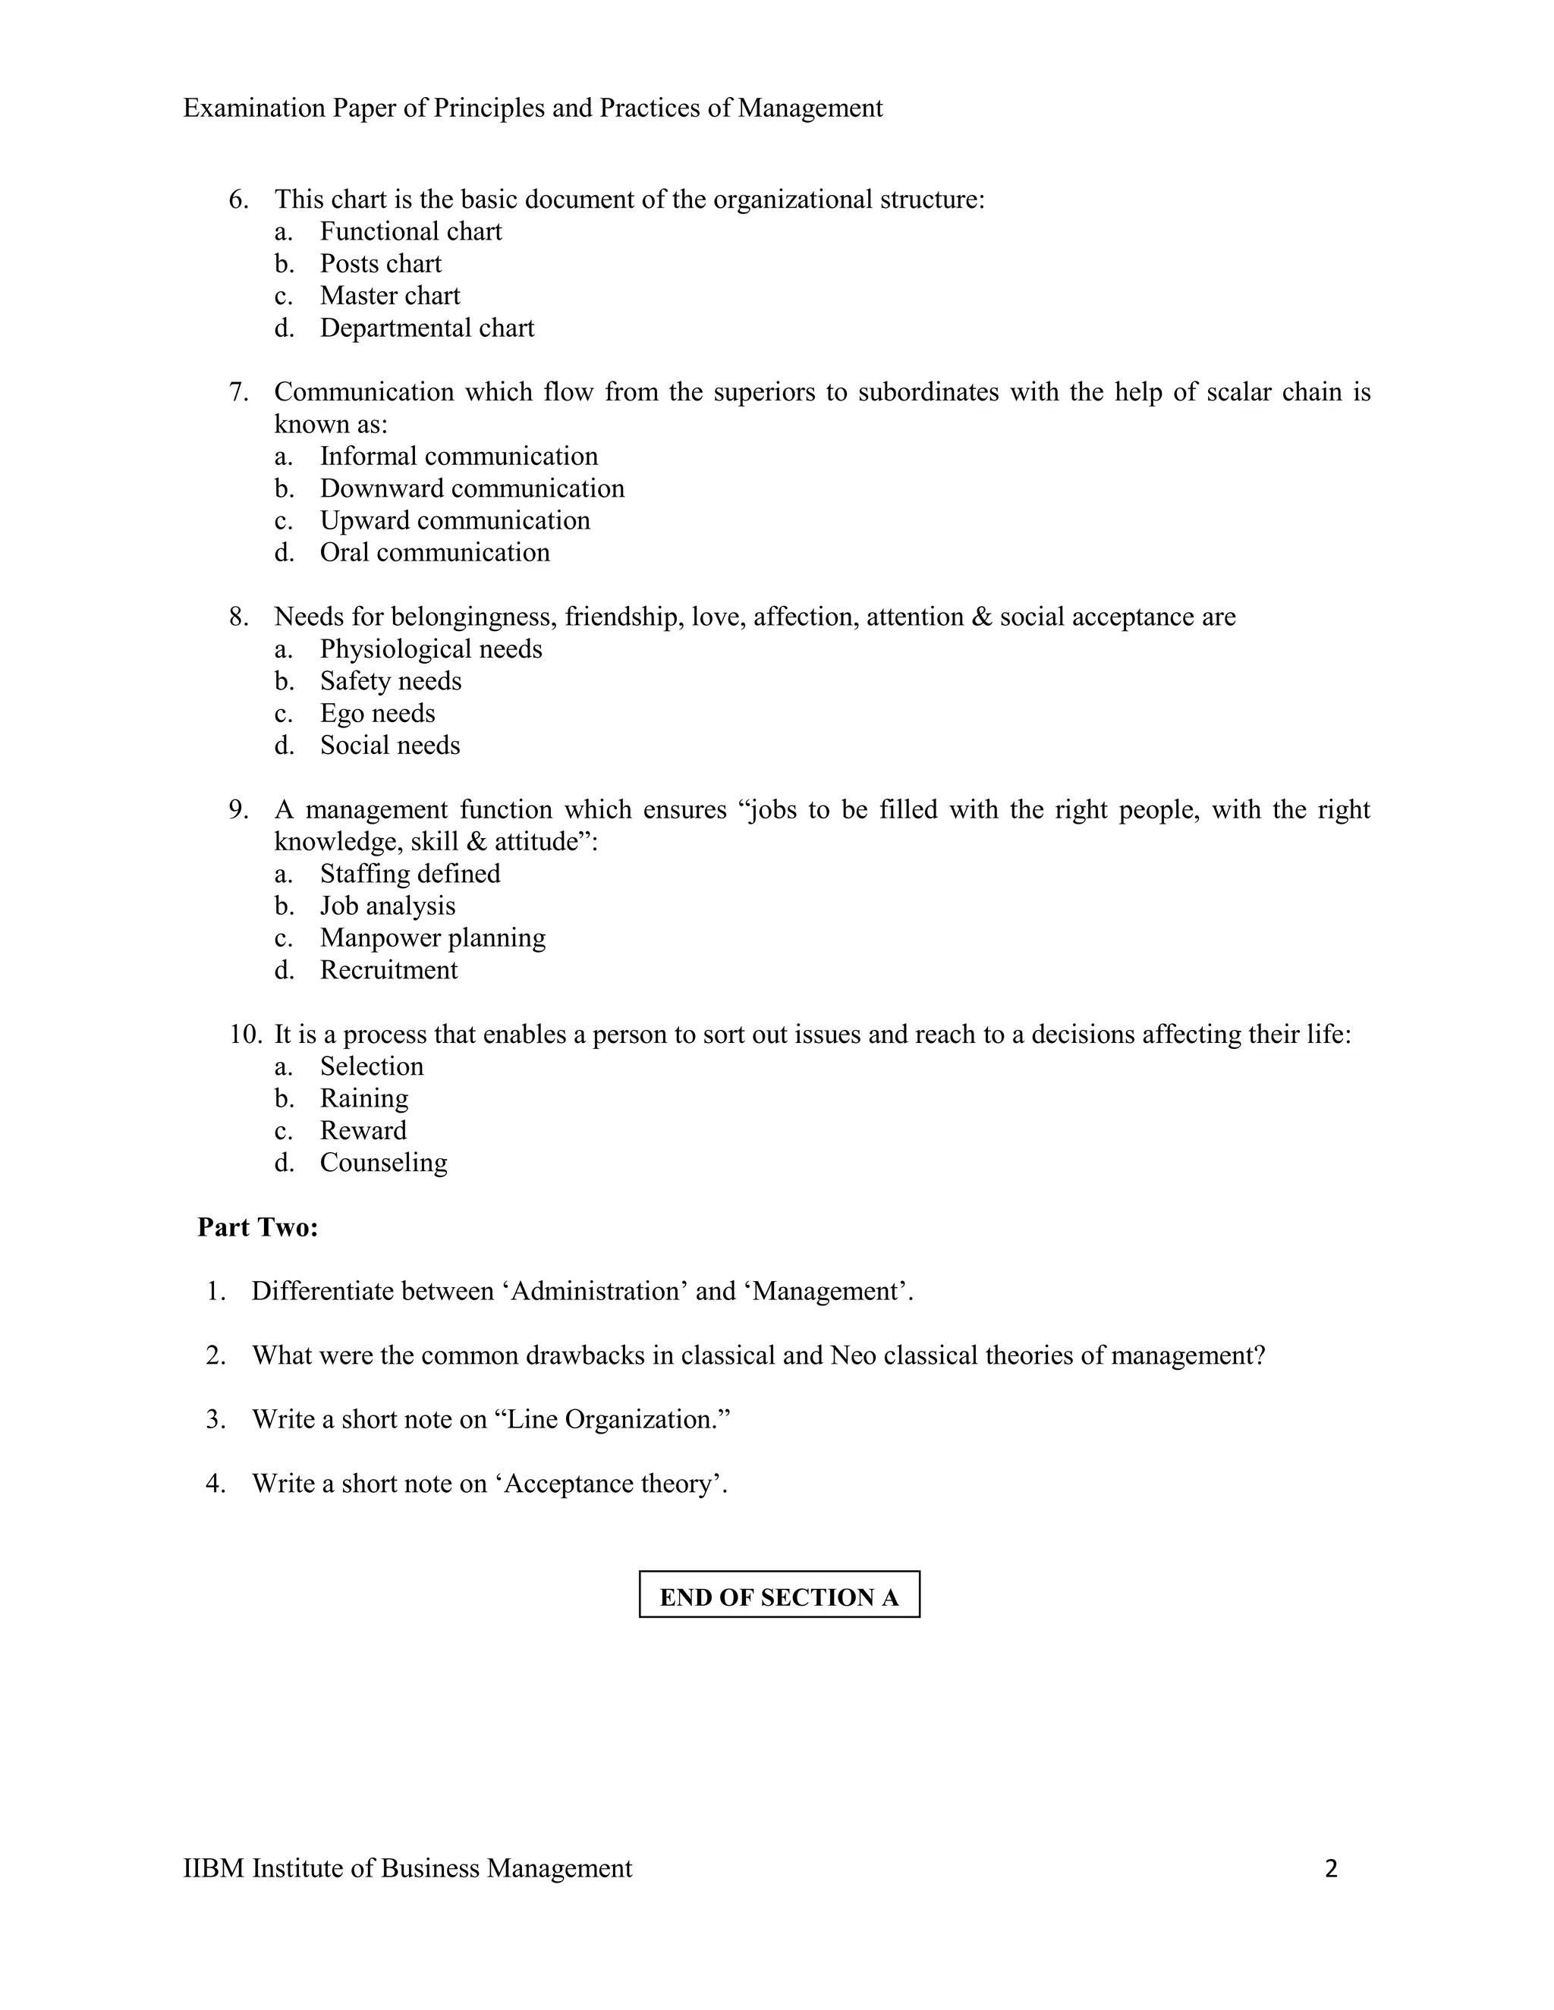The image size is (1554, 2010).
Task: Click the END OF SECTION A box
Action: (779, 1597)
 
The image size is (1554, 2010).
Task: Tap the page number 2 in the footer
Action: (1330, 1868)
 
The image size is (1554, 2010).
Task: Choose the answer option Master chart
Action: (389, 295)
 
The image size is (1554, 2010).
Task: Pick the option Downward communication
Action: (471, 488)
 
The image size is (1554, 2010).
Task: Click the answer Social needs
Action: (389, 745)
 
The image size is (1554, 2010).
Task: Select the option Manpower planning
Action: (433, 937)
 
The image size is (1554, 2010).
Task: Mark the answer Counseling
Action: (383, 1162)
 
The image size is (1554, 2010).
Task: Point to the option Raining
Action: (363, 1098)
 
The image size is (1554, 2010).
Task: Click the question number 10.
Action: (245, 1035)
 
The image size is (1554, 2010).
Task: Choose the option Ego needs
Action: (377, 713)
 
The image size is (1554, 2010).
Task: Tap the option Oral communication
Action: (435, 552)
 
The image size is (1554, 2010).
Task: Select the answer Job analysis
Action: (388, 906)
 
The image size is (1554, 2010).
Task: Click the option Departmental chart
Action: (427, 328)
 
